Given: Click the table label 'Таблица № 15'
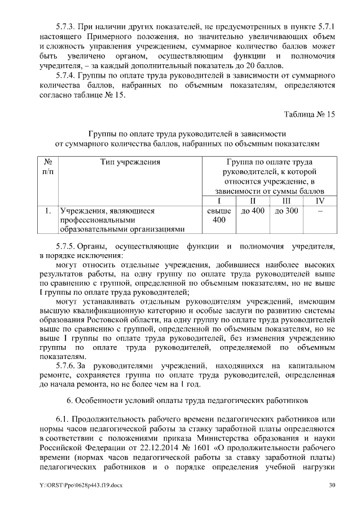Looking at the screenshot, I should click(310, 114).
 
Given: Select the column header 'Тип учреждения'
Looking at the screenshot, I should click(130, 162).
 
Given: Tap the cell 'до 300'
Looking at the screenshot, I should click(286, 211).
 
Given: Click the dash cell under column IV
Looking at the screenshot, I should click(320, 211).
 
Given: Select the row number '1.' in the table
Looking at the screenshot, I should click(48, 211).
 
